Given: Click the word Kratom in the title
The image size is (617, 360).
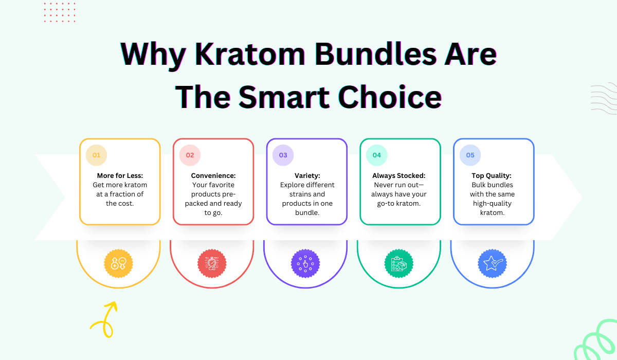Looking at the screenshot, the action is pos(250,54).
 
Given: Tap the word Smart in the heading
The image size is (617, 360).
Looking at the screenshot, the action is pos(284,97).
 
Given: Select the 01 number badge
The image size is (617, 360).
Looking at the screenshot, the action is pos(97,155).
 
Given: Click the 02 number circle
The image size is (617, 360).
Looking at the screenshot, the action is pos(190,155).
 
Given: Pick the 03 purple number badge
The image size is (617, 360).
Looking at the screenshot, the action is pos(283,155).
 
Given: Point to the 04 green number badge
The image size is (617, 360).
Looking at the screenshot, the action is pos(376,155).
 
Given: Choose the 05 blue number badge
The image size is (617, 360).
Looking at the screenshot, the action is pos(470,155).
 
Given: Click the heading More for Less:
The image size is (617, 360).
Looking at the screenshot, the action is pos(120,175).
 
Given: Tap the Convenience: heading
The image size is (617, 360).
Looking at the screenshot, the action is pos(213,175).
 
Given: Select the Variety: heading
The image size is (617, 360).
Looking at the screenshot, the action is pos(307,175).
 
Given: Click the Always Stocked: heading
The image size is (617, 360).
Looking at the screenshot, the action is pos(399,175).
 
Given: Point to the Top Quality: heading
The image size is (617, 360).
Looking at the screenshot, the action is pos(492,175).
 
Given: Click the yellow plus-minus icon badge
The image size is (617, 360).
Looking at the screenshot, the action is pos(118,264).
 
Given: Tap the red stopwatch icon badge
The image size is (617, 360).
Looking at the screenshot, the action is pos(212,264).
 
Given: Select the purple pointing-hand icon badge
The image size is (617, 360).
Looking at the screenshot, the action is pos(305,264).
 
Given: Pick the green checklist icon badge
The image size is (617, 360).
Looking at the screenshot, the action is pos(398,264).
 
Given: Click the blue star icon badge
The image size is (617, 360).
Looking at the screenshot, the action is pos(492,264).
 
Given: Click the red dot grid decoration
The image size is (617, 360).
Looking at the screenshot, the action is pos(60,12).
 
